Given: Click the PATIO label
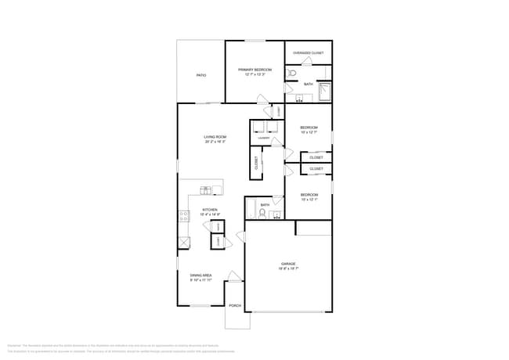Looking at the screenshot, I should pos(200,75).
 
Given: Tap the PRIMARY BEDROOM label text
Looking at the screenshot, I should pos(254,69).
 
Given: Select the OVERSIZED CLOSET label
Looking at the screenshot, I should pos(309,53).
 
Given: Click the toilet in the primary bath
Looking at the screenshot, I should pos(291,74).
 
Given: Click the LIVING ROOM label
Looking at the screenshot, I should pos(215,137).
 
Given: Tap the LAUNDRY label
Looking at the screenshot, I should pos(265,138).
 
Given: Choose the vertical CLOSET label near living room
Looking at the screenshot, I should pos(256,163).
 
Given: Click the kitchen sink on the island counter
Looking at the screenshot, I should pos(206,189).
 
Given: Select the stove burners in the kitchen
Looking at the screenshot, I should pos(183,216).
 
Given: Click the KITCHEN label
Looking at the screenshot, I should pos(210,210).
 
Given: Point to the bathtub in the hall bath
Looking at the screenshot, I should pos(251,211).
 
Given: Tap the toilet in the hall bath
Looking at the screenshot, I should pos(262,212).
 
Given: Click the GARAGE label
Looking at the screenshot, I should pos(289,264).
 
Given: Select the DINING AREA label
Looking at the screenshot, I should pos(201,275).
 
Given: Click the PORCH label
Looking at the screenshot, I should pos(235,305).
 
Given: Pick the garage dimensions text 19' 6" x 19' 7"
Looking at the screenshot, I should pos(289,268).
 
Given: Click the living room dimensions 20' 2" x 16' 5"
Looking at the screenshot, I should pos(215,142).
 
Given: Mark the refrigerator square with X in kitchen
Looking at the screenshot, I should pos(184,243).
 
